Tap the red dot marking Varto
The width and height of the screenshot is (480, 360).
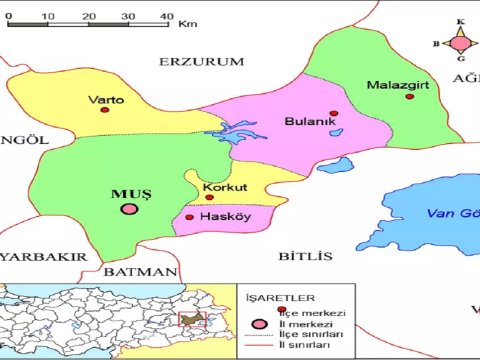click(104, 112)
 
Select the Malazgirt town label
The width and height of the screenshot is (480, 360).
click(397, 85)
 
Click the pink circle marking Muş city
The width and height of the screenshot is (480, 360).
click(129, 209)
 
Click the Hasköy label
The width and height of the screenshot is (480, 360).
click(223, 217)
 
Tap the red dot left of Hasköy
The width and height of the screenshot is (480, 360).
click(190, 216)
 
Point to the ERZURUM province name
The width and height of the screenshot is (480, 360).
click(201, 62)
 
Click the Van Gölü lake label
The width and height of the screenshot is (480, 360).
click(452, 213)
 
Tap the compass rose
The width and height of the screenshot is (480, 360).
click(460, 42)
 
